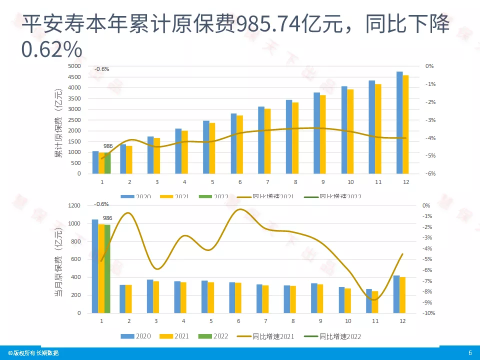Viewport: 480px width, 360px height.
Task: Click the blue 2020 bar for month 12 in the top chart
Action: (x=399, y=122)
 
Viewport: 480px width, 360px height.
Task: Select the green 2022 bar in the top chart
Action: (x=107, y=163)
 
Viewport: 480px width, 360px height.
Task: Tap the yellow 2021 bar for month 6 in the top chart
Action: (x=240, y=144)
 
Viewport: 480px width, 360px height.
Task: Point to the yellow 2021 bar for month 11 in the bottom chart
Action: (x=375, y=302)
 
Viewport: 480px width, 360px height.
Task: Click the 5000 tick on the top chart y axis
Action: (x=74, y=66)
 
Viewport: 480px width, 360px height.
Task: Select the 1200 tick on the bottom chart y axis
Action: (x=74, y=205)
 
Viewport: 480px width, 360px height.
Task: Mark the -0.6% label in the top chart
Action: (x=101, y=69)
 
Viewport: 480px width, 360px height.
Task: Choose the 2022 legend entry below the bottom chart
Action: (x=217, y=336)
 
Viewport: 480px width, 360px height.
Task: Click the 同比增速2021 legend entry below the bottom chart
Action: (x=265, y=336)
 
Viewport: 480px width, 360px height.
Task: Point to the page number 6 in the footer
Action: (x=469, y=353)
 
